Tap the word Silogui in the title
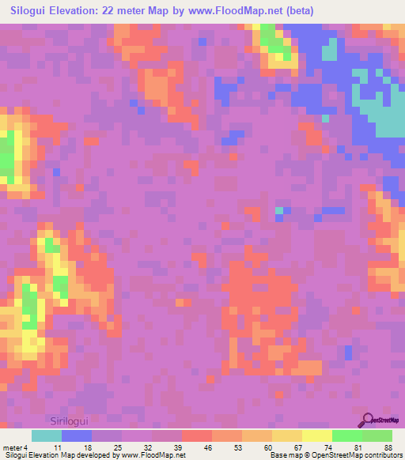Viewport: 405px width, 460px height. [31, 11]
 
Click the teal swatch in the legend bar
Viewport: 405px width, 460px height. [47, 435]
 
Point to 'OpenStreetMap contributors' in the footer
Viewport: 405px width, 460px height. [363, 455]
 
